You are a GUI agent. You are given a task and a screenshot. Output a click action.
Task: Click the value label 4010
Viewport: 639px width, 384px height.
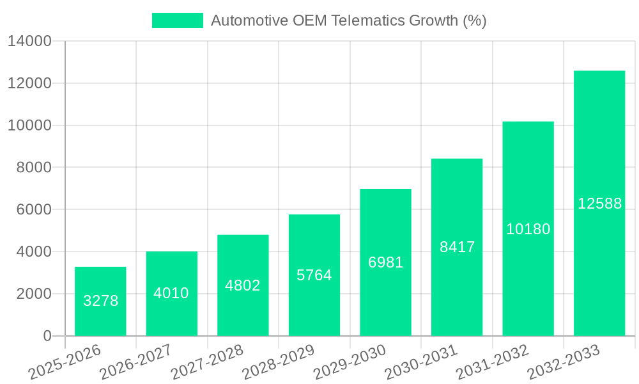point(171,293)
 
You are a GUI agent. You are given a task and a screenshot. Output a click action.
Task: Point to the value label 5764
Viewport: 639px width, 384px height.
point(314,275)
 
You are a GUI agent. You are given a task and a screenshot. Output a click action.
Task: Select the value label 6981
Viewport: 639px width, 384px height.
point(385,262)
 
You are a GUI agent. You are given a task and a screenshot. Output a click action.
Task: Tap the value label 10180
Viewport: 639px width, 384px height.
point(528,229)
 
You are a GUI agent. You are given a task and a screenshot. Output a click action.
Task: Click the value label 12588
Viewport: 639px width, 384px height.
point(599,204)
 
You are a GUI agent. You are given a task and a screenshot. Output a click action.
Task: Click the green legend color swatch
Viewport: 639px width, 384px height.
point(177,20)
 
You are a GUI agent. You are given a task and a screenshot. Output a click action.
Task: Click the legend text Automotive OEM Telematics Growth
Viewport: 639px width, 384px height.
point(348,20)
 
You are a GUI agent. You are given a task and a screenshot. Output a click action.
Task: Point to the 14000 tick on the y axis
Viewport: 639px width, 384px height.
point(29,42)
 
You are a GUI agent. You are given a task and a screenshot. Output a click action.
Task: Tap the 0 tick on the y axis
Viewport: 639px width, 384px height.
point(47,336)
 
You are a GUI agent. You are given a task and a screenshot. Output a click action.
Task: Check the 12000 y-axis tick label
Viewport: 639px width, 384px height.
point(29,83)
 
